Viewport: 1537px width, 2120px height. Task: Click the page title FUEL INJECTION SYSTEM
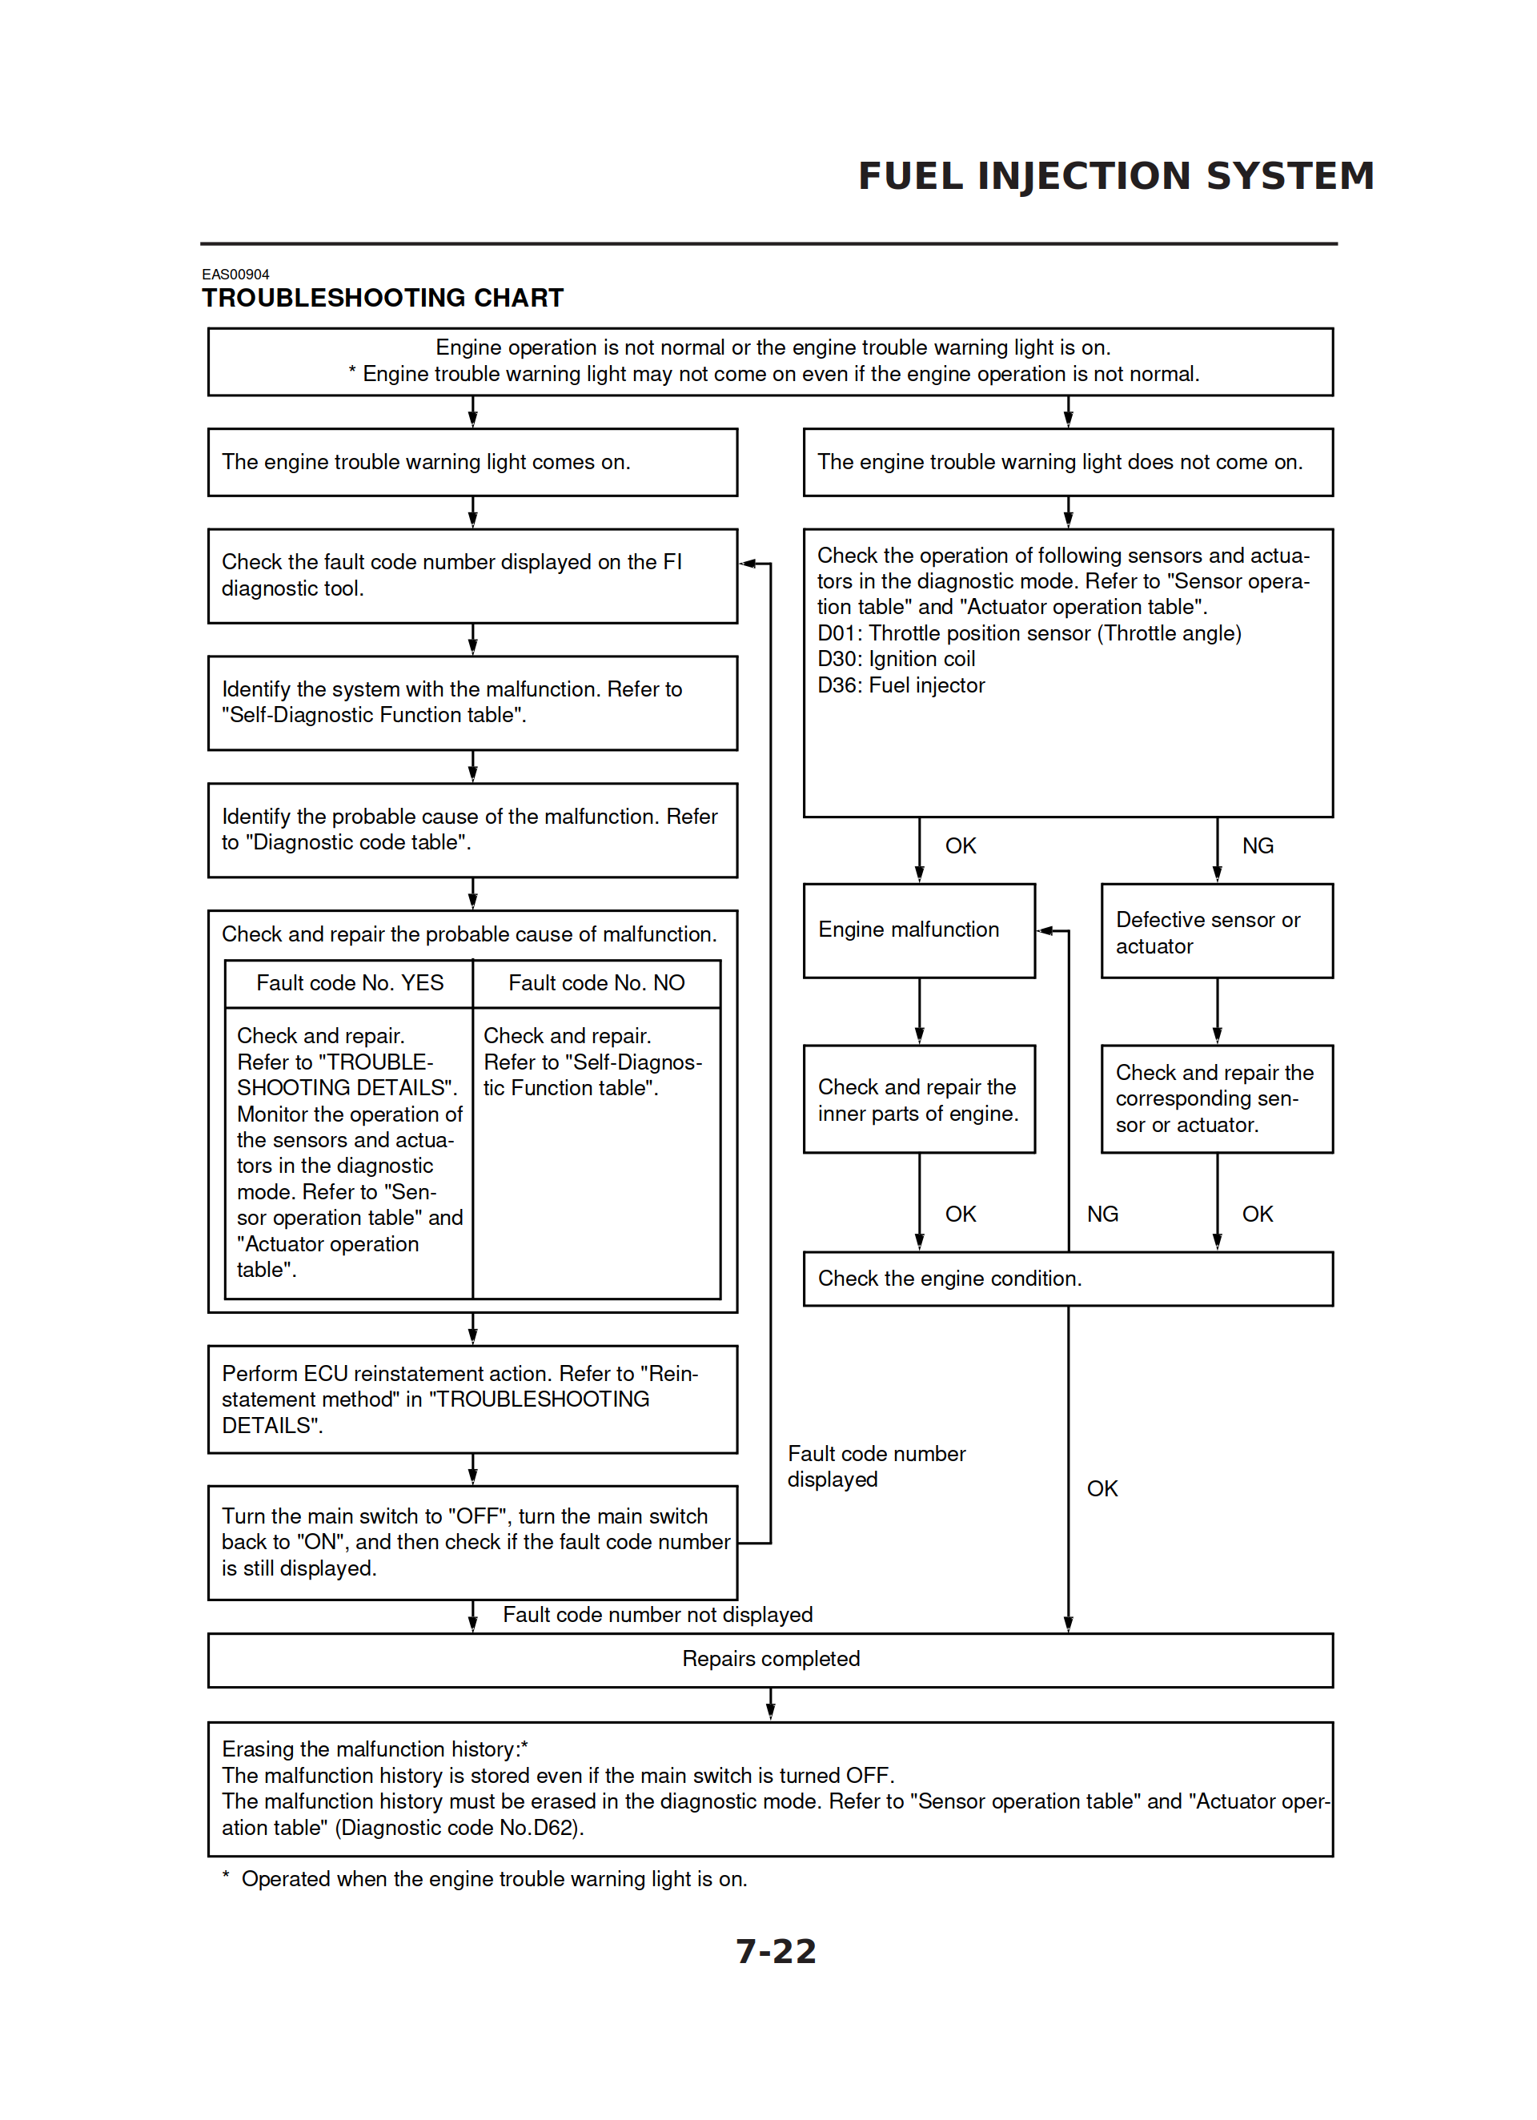pyautogui.click(x=1115, y=175)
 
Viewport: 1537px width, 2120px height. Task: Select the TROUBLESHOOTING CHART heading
pyautogui.click(x=383, y=298)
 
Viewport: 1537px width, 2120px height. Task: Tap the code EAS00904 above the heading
pyautogui.click(x=235, y=275)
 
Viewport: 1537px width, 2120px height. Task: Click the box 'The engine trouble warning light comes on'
pyautogui.click(x=472, y=463)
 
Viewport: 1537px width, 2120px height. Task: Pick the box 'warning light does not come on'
pyautogui.click(x=1067, y=463)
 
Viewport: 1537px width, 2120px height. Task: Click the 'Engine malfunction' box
pyautogui.click(x=918, y=930)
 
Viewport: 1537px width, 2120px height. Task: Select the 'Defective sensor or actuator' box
pyautogui.click(x=1215, y=932)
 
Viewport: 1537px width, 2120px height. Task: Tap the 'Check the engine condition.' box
pyautogui.click(x=1067, y=1279)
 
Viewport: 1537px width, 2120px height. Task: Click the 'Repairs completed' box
pyautogui.click(x=769, y=1659)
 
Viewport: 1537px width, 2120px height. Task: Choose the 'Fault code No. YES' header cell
pyautogui.click(x=350, y=983)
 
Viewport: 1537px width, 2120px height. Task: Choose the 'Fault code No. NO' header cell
pyautogui.click(x=596, y=983)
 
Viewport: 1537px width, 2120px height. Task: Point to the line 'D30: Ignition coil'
pyautogui.click(x=896, y=659)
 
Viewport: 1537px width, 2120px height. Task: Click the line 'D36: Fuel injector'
pyautogui.click(x=901, y=685)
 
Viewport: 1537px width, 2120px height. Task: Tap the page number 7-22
pyautogui.click(x=776, y=1952)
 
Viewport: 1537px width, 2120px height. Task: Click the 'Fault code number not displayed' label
pyautogui.click(x=657, y=1616)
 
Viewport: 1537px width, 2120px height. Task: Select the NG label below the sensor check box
pyautogui.click(x=1258, y=846)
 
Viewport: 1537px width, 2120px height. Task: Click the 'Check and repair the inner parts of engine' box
pyautogui.click(x=918, y=1100)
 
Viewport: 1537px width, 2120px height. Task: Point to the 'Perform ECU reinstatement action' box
pyautogui.click(x=472, y=1399)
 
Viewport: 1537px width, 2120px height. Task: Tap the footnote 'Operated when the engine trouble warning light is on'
pyautogui.click(x=494, y=1879)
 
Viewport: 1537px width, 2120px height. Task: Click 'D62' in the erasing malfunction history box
pyautogui.click(x=552, y=1828)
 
